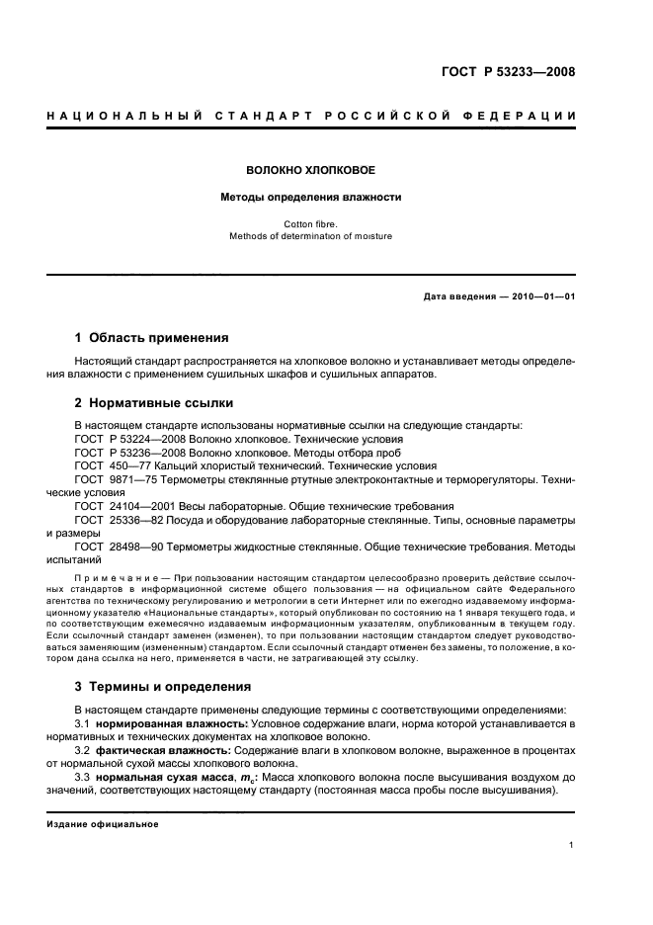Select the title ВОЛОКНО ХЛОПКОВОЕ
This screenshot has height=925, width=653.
click(310, 170)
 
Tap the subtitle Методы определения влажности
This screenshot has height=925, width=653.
click(310, 197)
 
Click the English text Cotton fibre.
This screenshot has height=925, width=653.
click(310, 224)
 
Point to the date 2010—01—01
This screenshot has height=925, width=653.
click(542, 296)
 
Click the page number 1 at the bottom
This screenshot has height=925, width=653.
click(572, 845)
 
